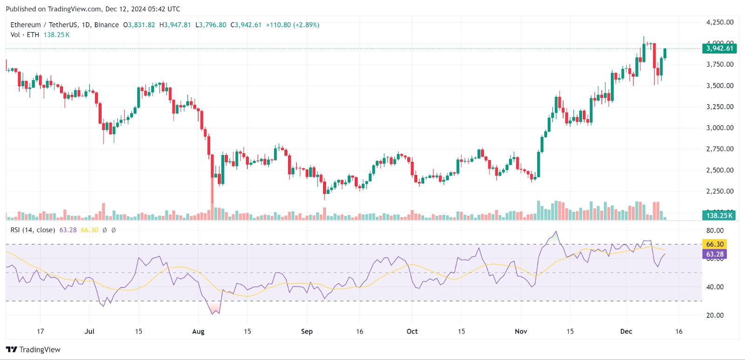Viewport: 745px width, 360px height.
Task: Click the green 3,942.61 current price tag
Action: coord(719,48)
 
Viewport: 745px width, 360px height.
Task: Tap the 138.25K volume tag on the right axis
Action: coord(719,215)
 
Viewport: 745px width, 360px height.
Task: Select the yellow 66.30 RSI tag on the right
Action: coord(714,244)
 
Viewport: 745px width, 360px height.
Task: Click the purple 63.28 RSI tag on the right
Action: coord(714,254)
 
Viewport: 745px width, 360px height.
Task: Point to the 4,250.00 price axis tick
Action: coord(719,22)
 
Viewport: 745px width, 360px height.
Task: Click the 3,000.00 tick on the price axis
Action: coord(719,128)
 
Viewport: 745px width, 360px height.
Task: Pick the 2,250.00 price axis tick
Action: coord(719,191)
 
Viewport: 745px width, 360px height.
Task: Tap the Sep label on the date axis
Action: coord(307,332)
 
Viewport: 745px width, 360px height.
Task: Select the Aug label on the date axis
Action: coord(198,332)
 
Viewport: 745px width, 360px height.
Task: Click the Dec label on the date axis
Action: coord(626,332)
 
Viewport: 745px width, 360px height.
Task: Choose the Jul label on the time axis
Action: coord(89,332)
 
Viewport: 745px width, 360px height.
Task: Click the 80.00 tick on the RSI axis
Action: coord(715,231)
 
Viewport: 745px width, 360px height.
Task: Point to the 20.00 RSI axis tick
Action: coord(715,315)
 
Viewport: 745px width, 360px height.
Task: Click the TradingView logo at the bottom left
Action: coord(34,350)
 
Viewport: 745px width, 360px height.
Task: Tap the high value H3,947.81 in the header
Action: coord(175,25)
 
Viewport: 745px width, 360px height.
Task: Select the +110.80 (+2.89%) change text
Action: coord(292,25)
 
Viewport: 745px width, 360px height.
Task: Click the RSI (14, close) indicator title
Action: coord(33,230)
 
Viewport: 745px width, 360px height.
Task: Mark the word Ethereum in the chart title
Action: coord(26,25)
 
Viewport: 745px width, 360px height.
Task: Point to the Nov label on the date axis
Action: coord(521,332)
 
